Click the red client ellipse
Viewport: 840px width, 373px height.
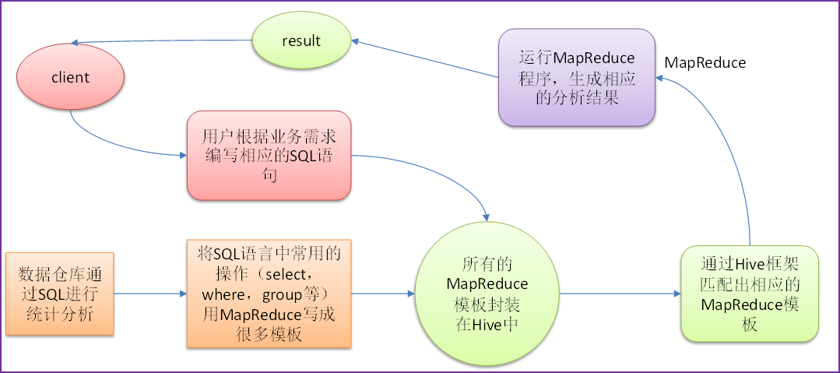(70, 77)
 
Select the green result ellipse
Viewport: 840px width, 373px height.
(301, 40)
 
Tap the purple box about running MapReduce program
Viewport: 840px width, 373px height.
(576, 77)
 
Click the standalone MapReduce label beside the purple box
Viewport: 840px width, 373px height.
(705, 63)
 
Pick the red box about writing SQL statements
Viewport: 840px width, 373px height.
(269, 156)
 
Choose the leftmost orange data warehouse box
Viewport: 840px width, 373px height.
(59, 294)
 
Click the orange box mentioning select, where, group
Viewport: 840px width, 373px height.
(269, 294)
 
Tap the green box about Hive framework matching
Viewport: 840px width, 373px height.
(750, 294)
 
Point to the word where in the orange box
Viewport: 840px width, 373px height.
(223, 294)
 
